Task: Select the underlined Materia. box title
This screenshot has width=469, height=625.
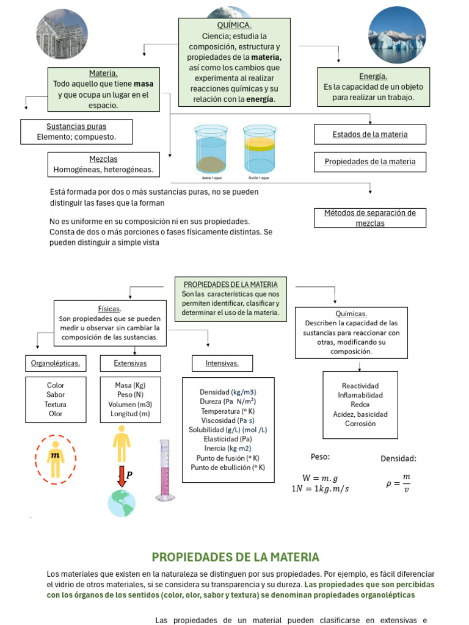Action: tap(103, 73)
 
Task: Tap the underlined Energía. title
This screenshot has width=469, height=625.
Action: tap(373, 76)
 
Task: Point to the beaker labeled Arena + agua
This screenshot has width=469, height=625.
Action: tap(211, 150)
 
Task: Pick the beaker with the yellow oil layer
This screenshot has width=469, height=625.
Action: tap(259, 150)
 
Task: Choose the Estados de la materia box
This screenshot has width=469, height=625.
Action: tap(369, 134)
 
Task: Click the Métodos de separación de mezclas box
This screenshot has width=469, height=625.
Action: tap(369, 218)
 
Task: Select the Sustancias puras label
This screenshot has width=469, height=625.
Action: tap(76, 126)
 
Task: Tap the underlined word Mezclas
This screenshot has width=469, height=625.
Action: tap(103, 159)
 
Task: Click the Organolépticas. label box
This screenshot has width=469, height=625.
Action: tap(56, 364)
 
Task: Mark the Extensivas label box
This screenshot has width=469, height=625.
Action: tap(130, 364)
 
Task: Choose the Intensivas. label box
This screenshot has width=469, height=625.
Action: tap(222, 364)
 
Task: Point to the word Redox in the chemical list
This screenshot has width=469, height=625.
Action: tap(360, 405)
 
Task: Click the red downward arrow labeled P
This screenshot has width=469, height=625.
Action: tap(122, 476)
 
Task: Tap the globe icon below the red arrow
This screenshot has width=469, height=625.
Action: tap(122, 503)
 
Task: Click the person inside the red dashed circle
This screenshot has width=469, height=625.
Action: tap(56, 459)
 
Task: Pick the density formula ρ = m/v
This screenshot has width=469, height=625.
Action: tap(398, 484)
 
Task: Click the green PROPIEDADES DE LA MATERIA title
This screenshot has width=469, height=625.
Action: tap(235, 557)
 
